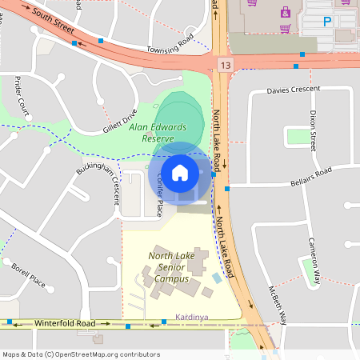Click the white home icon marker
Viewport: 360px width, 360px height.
tap(180, 172)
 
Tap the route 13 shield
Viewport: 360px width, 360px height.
tap(222, 62)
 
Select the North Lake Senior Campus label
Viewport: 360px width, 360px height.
tap(174, 267)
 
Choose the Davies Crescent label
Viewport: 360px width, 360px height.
tap(293, 90)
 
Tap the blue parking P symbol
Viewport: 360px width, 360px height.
tap(326, 22)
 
